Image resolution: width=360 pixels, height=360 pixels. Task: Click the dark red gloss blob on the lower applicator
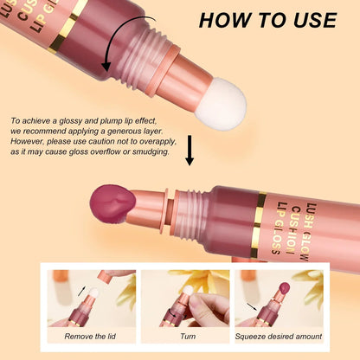110,205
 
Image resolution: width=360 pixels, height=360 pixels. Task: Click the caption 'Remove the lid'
89,336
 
